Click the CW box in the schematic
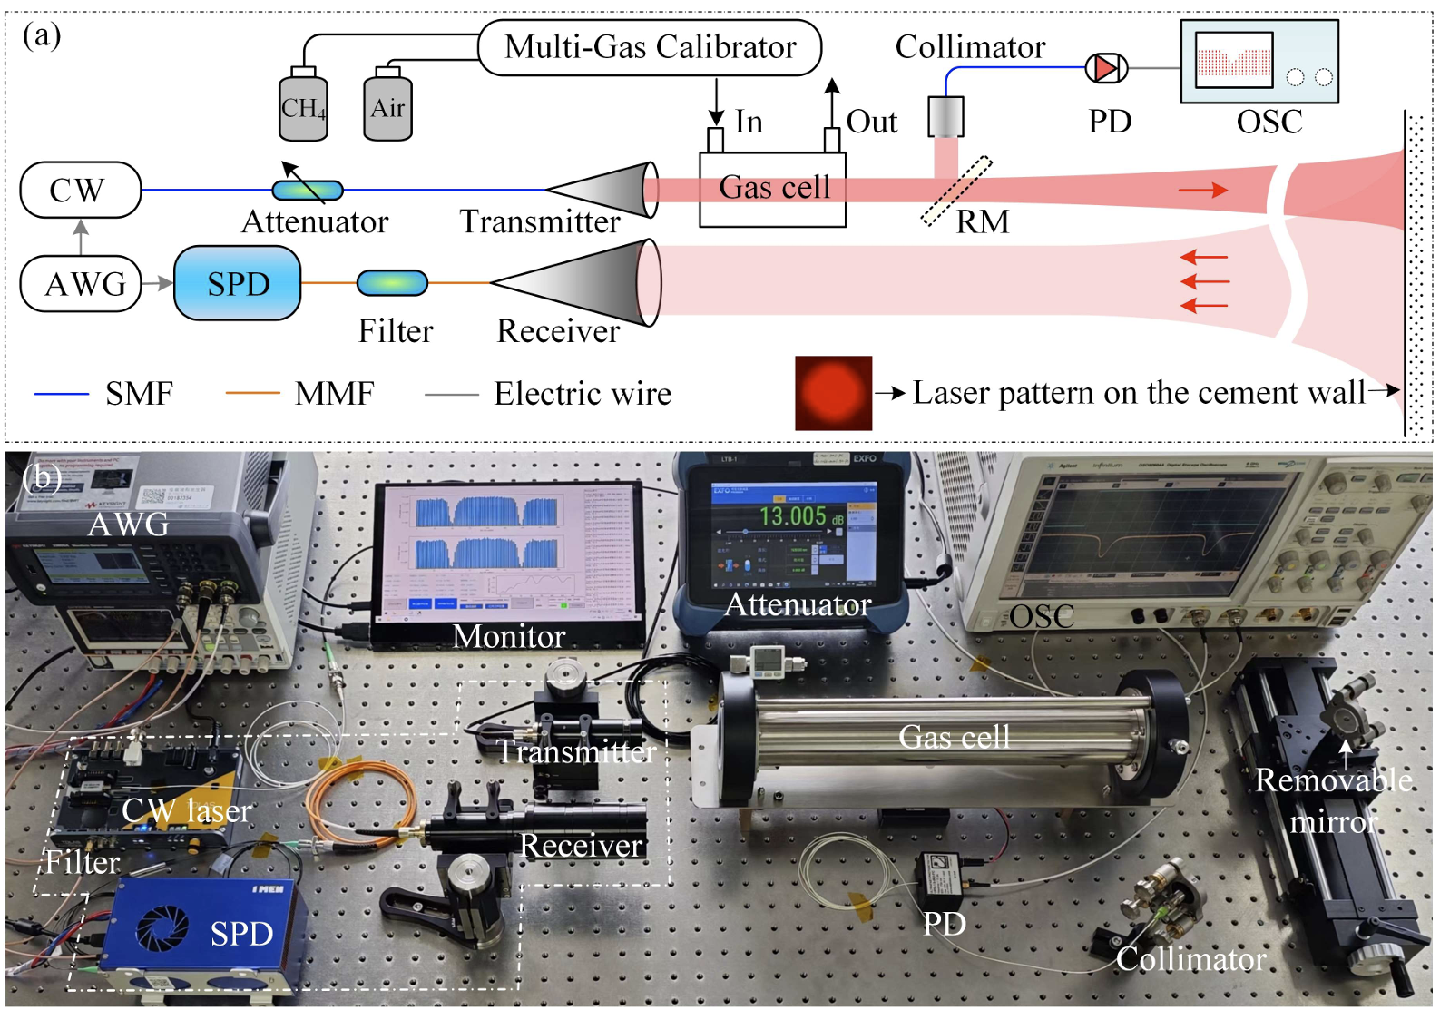[x=80, y=190]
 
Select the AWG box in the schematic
[x=82, y=284]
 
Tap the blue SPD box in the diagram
[x=237, y=283]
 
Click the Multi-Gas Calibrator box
[x=650, y=47]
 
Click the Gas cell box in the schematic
[x=772, y=189]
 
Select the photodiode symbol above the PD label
[x=1106, y=68]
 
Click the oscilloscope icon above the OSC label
[x=1259, y=62]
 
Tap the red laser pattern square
[x=833, y=393]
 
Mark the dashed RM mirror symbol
[x=956, y=191]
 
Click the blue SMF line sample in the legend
[x=62, y=394]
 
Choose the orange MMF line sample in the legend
[x=252, y=394]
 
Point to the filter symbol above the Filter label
[x=392, y=283]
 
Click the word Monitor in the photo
[x=508, y=637]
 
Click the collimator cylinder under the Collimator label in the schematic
[x=945, y=117]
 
